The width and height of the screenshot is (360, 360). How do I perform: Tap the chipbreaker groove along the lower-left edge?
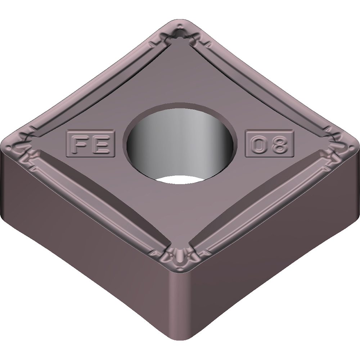coord(97,202)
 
